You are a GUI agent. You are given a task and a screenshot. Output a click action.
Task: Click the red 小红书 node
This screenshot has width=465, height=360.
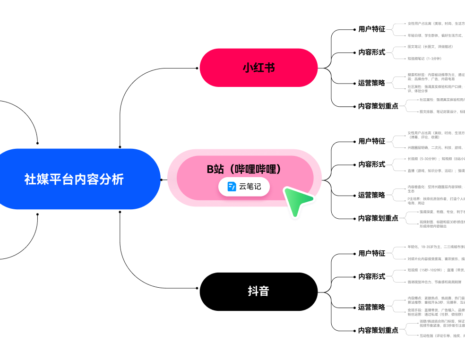click(258, 68)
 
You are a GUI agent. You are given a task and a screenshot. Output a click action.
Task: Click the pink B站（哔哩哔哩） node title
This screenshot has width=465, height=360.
click(244, 169)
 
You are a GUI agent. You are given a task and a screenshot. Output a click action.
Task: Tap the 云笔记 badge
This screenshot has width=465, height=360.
click(244, 187)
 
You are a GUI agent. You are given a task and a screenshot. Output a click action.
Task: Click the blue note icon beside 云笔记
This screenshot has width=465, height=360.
click(232, 187)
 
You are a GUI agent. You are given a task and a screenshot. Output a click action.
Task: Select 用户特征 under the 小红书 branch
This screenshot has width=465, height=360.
click(371, 29)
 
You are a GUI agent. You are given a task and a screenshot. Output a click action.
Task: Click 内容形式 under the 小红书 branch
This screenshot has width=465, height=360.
click(371, 52)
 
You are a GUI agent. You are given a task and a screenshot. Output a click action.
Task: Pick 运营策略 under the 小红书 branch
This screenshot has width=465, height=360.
click(371, 83)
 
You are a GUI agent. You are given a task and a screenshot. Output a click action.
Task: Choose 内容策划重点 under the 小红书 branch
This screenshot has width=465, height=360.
click(378, 106)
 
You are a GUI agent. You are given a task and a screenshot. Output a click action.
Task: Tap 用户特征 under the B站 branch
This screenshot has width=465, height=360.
click(371, 141)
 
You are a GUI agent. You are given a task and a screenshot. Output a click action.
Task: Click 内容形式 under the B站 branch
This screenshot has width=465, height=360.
click(371, 164)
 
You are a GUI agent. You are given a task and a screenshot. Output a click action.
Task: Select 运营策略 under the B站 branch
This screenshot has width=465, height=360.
click(371, 195)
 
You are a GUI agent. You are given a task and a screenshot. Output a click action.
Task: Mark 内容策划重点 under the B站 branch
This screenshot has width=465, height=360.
click(378, 218)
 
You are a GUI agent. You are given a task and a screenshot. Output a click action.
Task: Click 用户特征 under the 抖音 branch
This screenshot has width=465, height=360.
click(371, 253)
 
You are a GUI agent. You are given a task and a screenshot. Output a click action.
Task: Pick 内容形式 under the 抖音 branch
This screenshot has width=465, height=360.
click(371, 276)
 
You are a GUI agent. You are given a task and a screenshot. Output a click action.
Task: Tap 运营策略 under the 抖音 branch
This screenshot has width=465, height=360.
click(371, 307)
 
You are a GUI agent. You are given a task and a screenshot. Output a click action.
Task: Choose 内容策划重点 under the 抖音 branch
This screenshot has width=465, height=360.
click(378, 330)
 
